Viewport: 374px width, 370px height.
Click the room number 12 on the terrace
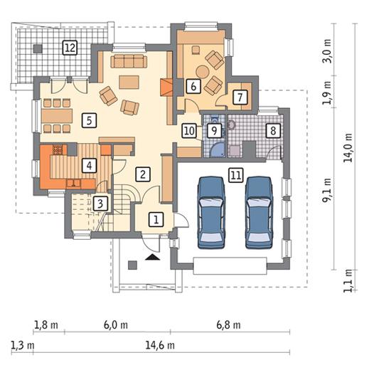(70, 48)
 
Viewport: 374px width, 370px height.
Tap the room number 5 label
(89, 120)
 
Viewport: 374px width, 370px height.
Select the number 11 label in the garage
(236, 175)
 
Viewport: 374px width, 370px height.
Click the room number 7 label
(240, 97)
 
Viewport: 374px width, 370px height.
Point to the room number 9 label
(214, 131)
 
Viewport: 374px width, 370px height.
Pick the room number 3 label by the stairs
(100, 203)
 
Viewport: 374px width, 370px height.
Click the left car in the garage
(211, 213)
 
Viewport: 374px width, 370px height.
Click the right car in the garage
(259, 213)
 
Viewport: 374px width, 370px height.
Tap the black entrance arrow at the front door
(152, 257)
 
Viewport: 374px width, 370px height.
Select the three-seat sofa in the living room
(129, 61)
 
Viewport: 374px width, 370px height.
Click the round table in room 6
(202, 72)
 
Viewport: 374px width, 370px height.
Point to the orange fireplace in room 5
(166, 88)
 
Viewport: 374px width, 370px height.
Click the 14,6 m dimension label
(160, 345)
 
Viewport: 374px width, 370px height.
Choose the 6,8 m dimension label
(228, 325)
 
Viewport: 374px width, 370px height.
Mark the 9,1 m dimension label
(327, 190)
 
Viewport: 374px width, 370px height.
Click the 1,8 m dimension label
(46, 325)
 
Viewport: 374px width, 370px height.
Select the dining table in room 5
(57, 116)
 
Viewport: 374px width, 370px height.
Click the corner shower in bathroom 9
(218, 150)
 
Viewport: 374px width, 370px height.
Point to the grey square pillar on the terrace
(38, 48)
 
